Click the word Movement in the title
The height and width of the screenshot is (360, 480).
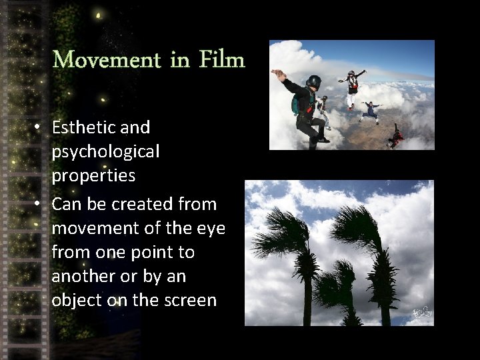pyautogui.click(x=106, y=61)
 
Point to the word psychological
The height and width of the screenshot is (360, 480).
pyautogui.click(x=105, y=152)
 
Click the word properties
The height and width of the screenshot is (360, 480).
pyautogui.click(x=93, y=177)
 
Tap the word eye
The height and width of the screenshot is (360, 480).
pyautogui.click(x=213, y=229)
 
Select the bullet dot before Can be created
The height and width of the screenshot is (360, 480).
pyautogui.click(x=40, y=204)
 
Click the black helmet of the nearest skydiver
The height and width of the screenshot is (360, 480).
pyautogui.click(x=313, y=82)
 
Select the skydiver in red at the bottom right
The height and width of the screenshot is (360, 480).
pyautogui.click(x=397, y=137)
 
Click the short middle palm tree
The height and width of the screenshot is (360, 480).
pyautogui.click(x=339, y=287)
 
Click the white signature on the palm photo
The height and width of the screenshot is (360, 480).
pyautogui.click(x=420, y=312)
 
